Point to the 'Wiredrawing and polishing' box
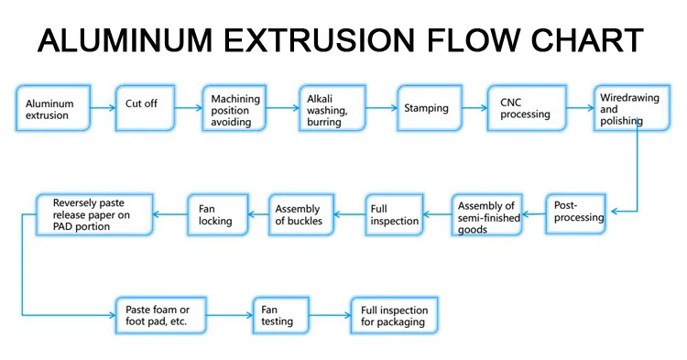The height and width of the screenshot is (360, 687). pyautogui.click(x=630, y=109)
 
